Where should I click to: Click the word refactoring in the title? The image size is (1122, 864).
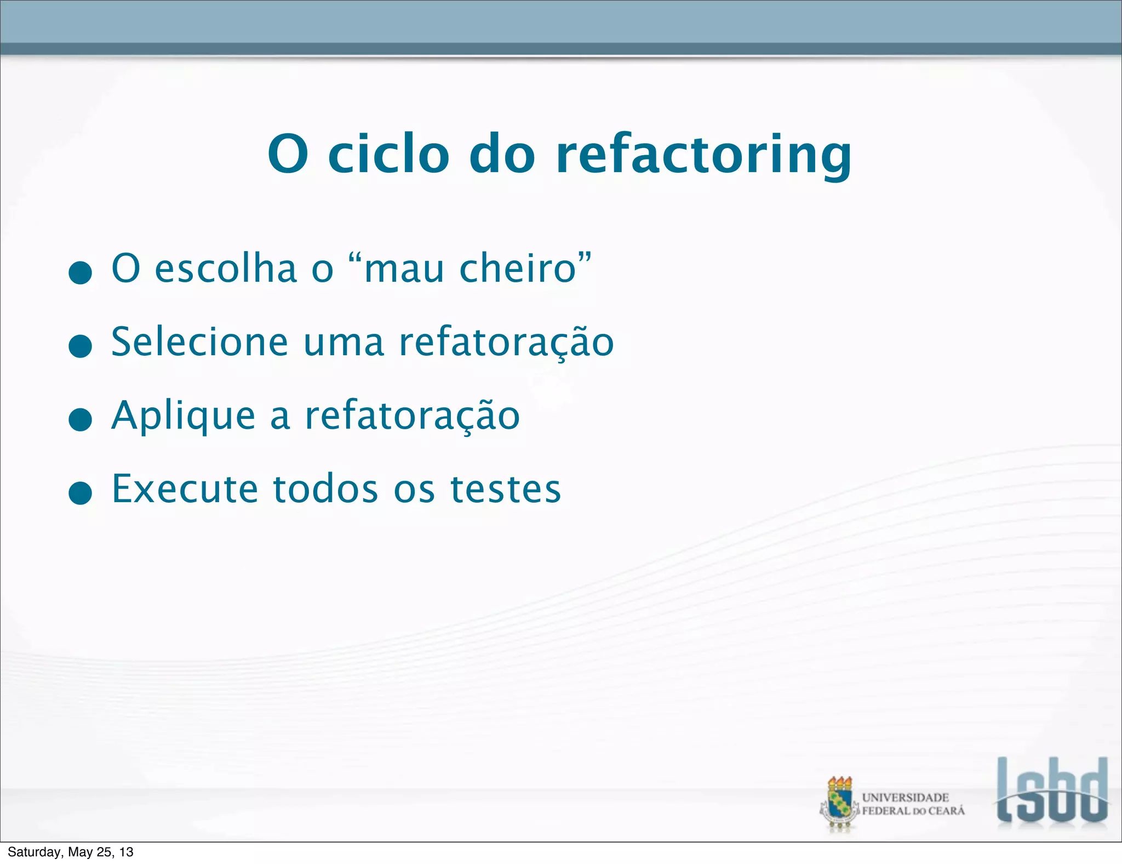click(703, 155)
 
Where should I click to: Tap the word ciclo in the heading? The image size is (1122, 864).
click(388, 155)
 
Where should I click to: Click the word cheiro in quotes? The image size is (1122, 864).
click(518, 269)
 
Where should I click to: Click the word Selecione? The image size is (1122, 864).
click(199, 342)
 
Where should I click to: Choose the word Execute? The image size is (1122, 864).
click(185, 488)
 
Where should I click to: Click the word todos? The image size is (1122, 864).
click(325, 488)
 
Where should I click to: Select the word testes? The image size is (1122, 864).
click(506, 488)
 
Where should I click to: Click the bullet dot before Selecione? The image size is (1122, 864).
click(81, 346)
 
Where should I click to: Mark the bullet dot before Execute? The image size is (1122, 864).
click(81, 493)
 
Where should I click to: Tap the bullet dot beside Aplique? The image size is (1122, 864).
click(81, 420)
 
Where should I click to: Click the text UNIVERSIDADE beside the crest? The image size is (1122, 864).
click(905, 797)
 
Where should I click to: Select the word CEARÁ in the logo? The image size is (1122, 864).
click(946, 811)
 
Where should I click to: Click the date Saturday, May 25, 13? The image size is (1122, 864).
click(70, 852)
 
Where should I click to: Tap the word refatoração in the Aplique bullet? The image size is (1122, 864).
click(412, 416)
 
